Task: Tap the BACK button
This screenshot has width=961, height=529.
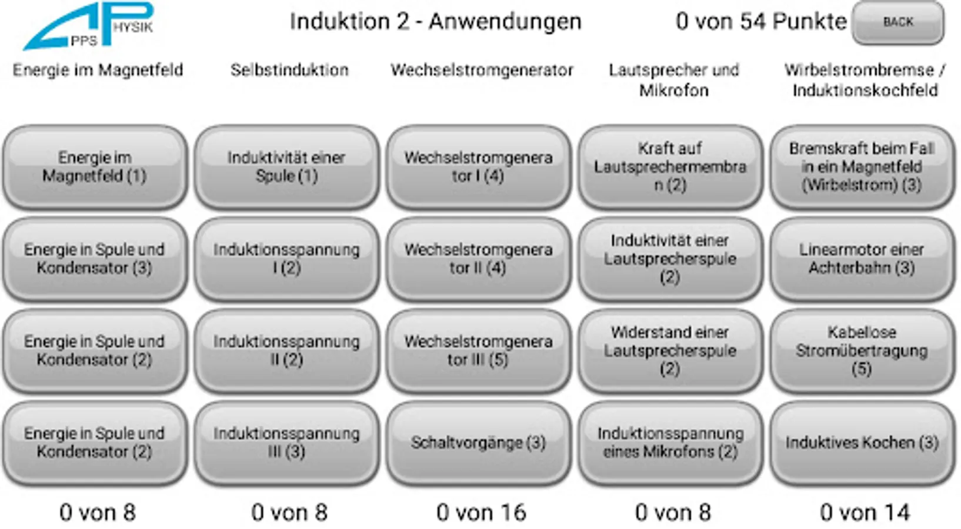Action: point(897,22)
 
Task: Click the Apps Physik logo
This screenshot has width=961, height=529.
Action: point(88,26)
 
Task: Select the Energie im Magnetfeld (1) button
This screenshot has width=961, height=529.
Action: point(95,167)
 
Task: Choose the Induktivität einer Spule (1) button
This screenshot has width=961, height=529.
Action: point(286,167)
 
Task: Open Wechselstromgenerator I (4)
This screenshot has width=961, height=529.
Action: point(478,167)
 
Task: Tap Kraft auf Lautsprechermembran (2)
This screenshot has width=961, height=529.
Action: point(670,167)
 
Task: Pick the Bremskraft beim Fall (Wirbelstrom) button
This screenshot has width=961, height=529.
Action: point(862,167)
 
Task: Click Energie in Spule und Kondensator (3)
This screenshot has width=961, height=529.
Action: point(95,259)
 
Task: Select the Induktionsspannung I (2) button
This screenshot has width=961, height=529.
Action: point(286,259)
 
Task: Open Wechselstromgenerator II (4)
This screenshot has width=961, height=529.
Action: point(478,259)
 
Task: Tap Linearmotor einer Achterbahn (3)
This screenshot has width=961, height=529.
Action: point(862,259)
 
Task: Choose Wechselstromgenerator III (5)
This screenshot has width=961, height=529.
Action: point(478,351)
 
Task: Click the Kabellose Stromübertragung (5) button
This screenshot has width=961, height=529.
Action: point(862,351)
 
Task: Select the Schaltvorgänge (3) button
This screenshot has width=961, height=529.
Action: point(478,443)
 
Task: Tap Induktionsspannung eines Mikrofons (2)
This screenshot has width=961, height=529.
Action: point(670,443)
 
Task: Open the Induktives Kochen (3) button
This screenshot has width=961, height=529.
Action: point(862,443)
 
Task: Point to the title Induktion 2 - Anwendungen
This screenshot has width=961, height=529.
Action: point(435,22)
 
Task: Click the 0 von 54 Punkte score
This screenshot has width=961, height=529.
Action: point(761,22)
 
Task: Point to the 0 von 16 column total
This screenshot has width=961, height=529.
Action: point(481,513)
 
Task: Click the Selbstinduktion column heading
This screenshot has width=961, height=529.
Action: point(289,70)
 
